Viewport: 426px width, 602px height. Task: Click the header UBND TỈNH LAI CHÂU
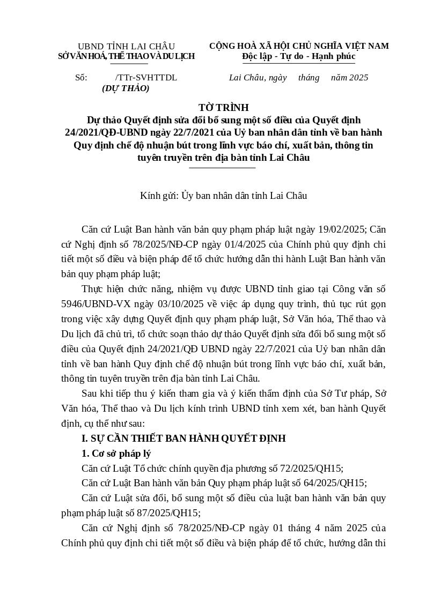(x=126, y=46)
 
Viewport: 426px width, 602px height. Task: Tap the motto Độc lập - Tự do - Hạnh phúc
(x=298, y=56)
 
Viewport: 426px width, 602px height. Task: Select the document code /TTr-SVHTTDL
(x=146, y=78)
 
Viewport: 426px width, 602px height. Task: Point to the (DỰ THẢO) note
(x=126, y=88)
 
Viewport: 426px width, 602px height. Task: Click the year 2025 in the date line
(x=358, y=78)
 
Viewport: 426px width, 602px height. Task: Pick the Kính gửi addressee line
(x=223, y=196)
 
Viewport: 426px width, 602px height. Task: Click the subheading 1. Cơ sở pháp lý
(x=116, y=454)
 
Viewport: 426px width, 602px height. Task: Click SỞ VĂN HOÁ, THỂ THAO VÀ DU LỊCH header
(x=126, y=56)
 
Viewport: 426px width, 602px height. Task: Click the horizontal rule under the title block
(x=223, y=168)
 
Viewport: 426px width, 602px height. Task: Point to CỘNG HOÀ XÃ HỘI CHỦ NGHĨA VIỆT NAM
(x=299, y=46)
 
